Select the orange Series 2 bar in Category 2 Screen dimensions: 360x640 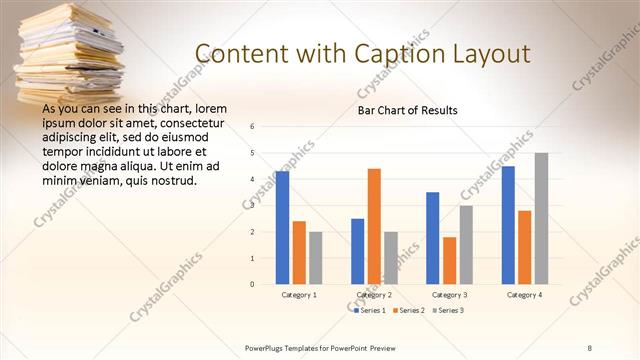(x=374, y=226)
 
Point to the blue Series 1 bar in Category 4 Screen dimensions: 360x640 (x=508, y=225)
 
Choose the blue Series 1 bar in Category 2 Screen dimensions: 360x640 (x=358, y=251)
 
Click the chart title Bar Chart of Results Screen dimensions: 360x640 (x=407, y=110)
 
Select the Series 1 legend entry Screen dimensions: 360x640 (x=371, y=310)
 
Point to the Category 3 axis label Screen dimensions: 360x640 (x=449, y=295)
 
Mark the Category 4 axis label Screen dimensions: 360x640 (x=524, y=295)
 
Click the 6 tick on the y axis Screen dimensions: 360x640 (x=253, y=127)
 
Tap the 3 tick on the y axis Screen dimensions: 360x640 (x=253, y=205)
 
